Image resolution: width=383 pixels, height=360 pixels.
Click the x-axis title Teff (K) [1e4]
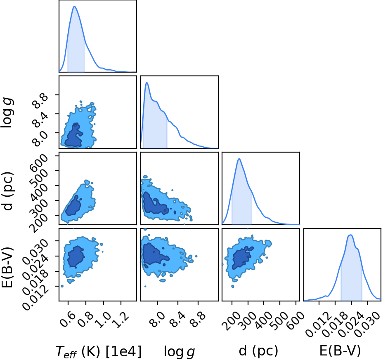(x=99, y=352)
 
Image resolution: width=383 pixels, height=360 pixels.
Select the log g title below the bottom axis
(x=179, y=352)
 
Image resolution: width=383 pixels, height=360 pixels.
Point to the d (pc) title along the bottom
(x=258, y=351)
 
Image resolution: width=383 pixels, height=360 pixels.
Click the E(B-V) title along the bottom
(x=340, y=351)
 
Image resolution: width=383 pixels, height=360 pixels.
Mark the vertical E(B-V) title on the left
(x=7, y=268)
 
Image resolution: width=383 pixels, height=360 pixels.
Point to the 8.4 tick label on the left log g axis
(x=41, y=119)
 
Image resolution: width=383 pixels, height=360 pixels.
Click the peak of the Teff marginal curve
(x=75, y=6)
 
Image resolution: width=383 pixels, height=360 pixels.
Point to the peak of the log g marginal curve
(x=147, y=82)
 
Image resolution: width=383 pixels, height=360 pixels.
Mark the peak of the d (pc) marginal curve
(x=239, y=159)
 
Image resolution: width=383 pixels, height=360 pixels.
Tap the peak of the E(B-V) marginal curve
(x=350, y=235)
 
